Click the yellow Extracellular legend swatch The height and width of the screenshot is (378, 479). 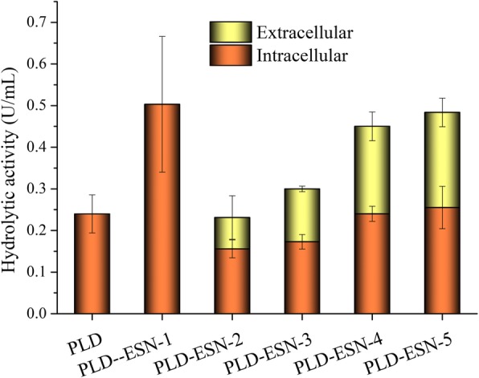coord(227,33)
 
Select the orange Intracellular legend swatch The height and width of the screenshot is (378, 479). coord(227,55)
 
